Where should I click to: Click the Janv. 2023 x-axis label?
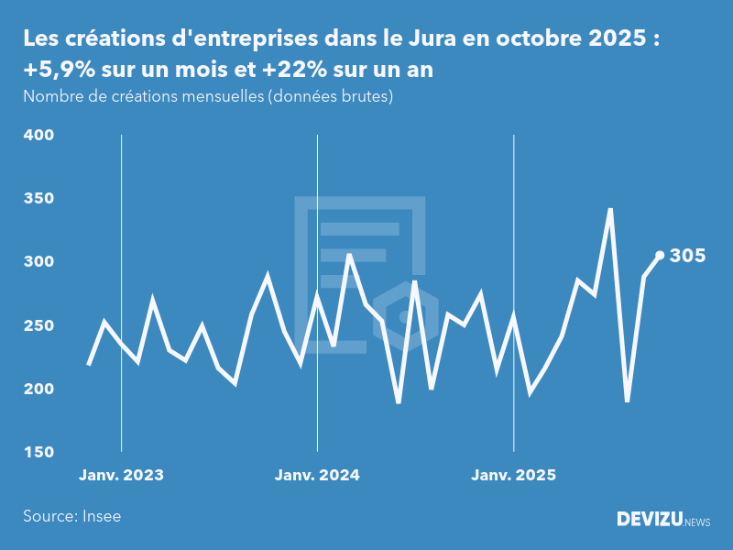coord(121,476)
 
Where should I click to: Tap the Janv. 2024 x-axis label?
coord(317,476)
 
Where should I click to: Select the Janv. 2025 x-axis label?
coord(513,476)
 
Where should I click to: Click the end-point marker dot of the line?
coord(660,255)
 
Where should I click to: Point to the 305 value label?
coord(687,256)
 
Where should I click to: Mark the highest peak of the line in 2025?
coord(610,210)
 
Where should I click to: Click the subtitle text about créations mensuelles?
coord(208,96)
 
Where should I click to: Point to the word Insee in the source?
coord(102,516)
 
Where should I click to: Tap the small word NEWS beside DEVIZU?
coord(697,522)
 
